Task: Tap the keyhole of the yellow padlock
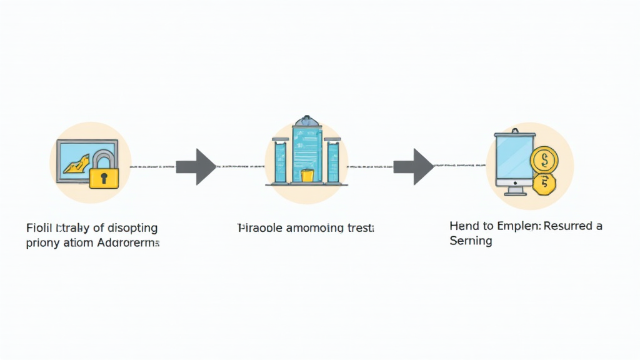(x=104, y=178)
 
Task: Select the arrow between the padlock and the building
(x=196, y=167)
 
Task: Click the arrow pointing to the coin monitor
(x=412, y=167)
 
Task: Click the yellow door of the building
(x=306, y=176)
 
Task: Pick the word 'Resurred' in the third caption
(x=568, y=226)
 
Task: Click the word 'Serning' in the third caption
(x=471, y=241)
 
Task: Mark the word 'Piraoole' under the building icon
(x=259, y=229)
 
